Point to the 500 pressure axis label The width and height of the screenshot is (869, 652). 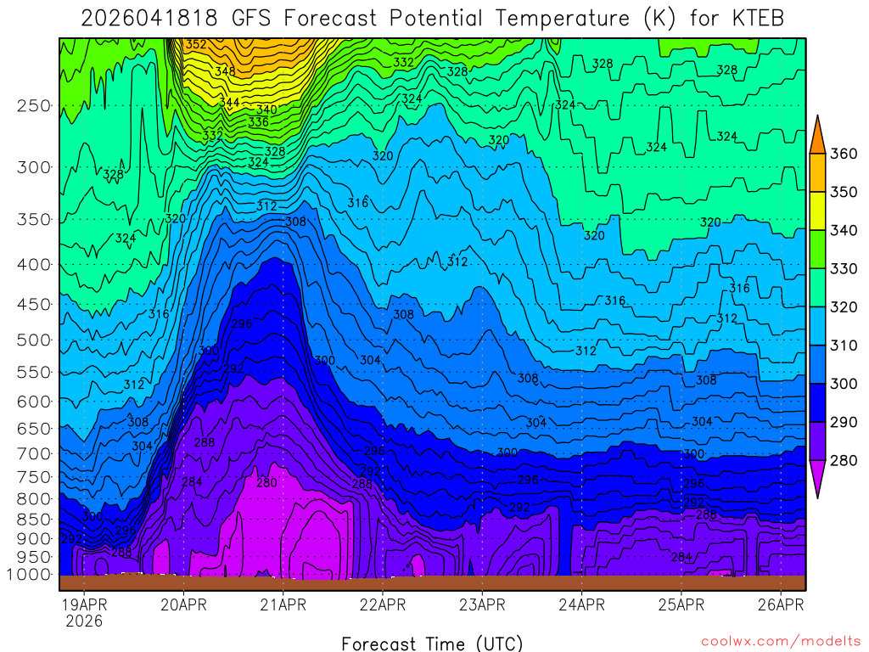[34, 340]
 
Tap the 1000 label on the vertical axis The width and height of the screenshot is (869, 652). [31, 575]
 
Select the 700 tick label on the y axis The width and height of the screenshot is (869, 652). [34, 453]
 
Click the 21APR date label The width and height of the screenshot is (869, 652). [283, 605]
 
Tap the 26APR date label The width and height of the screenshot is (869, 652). [781, 605]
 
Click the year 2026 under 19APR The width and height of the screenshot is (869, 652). [84, 621]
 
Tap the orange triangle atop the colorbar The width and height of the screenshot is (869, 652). [817, 134]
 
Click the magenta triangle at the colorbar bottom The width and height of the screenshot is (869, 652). [817, 480]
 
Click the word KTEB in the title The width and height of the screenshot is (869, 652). [754, 19]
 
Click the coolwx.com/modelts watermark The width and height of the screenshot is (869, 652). [781, 641]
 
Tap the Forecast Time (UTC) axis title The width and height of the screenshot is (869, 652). [432, 643]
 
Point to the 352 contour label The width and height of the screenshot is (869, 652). [195, 44]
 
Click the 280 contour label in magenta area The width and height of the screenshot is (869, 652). [266, 483]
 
